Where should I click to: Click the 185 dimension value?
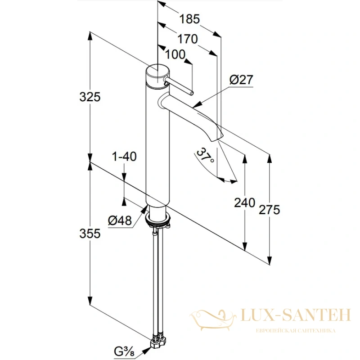tap(189, 19)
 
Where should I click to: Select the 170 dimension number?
tap(188, 39)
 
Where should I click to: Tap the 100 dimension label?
tap(175, 54)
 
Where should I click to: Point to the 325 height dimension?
tap(90, 97)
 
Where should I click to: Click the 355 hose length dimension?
tap(90, 234)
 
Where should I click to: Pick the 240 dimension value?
tap(244, 203)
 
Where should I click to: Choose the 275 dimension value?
tap(269, 210)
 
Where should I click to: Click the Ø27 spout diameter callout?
tap(241, 80)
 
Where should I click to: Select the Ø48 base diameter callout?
tap(120, 220)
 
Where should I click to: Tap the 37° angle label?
tap(205, 155)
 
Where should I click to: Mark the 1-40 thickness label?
tap(124, 156)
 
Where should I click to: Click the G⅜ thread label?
tap(124, 351)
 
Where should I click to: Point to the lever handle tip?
tap(192, 93)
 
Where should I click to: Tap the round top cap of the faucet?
tap(158, 71)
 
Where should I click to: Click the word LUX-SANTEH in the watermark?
tap(296, 315)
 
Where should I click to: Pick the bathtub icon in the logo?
tap(213, 319)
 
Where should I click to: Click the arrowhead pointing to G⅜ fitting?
tap(147, 349)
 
